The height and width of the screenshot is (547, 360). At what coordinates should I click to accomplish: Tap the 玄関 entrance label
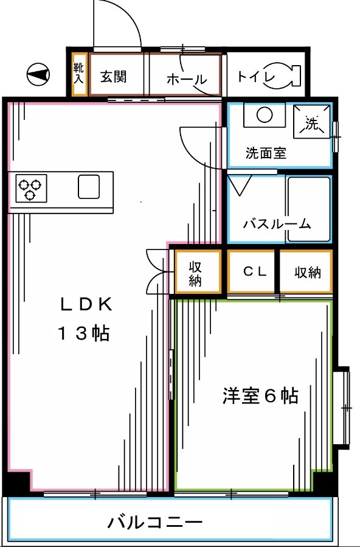pyautogui.click(x=113, y=77)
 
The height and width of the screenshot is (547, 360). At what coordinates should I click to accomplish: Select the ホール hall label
pyautogui.click(x=186, y=79)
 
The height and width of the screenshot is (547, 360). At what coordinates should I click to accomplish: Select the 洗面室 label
pyautogui.click(x=266, y=153)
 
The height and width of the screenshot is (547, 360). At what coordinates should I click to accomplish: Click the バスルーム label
pyautogui.click(x=277, y=224)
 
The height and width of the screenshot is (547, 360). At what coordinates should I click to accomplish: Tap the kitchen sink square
pyautogui.click(x=89, y=186)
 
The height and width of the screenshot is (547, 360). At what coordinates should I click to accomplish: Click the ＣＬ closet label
pyautogui.click(x=254, y=272)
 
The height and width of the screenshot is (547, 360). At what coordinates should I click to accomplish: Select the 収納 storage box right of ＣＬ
pyautogui.click(x=306, y=272)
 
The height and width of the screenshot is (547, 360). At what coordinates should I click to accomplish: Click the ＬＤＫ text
pyautogui.click(x=85, y=302)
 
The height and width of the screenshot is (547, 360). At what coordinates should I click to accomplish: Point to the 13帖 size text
pyautogui.click(x=83, y=333)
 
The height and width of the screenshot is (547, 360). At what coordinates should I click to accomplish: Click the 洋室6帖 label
pyautogui.click(x=259, y=396)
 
